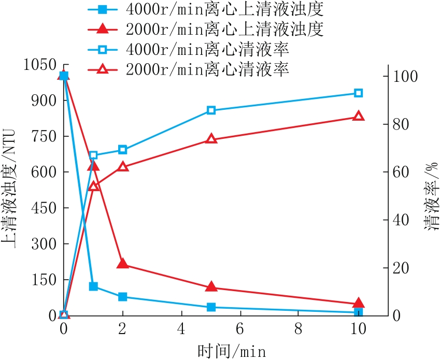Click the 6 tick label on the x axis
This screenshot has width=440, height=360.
pos(240,328)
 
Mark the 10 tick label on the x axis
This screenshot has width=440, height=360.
pos(358,328)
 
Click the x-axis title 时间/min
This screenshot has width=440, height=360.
pos(232,351)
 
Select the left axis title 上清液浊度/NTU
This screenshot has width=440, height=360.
pos(8,189)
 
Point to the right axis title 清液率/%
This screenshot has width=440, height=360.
pos(431,196)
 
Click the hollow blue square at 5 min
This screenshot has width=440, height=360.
pos(211,110)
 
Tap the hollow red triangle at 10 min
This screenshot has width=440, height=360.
pos(358,116)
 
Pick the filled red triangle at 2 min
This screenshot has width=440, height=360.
pos(123,263)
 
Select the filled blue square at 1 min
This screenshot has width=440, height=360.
pos(93,286)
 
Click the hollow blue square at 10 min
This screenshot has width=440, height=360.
pos(358,93)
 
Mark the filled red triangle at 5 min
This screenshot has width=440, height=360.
pos(211,287)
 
